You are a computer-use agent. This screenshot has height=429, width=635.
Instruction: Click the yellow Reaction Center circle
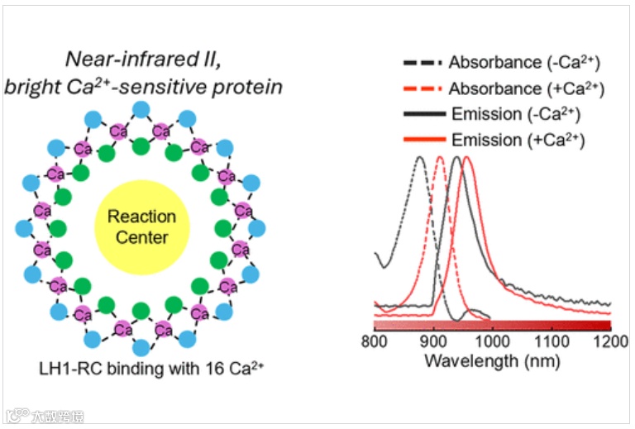tap(141, 226)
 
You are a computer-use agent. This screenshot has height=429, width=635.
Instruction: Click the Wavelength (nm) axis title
tap(491, 361)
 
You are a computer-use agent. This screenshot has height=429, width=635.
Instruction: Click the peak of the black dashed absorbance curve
tap(421, 157)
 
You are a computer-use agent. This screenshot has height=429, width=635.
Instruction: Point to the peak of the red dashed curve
tap(439, 157)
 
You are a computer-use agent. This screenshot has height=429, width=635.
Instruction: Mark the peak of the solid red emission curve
tap(466, 157)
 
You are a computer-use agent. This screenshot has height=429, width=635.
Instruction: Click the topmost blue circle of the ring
tap(141, 109)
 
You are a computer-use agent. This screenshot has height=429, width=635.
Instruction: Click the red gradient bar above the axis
tap(492, 325)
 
